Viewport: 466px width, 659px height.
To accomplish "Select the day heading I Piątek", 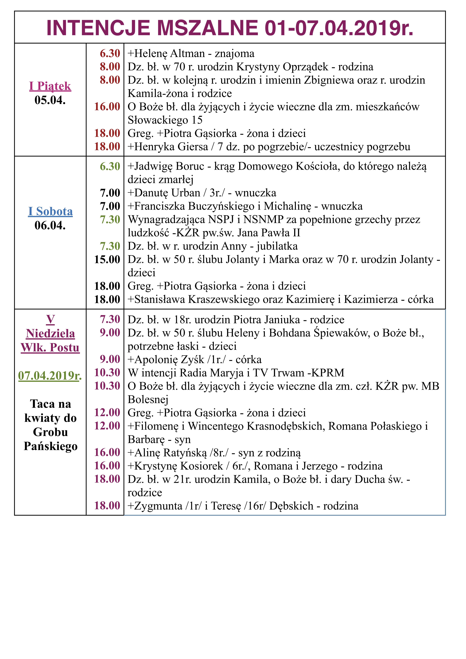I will coord(50,86).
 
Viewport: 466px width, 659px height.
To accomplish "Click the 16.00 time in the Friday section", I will coord(107,106).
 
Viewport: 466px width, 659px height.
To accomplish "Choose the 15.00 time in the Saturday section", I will coord(107,259).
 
